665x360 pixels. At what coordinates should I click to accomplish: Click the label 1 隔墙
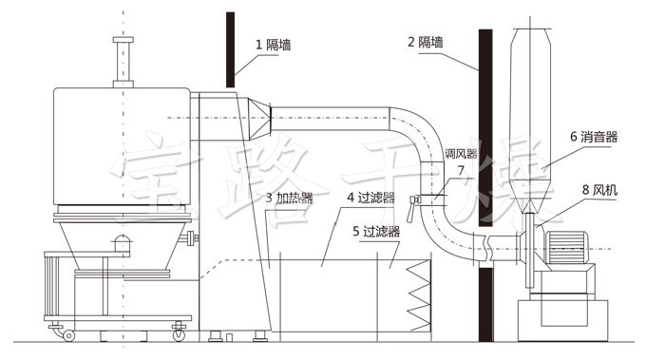point(273,44)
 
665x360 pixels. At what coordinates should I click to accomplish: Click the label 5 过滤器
point(375,230)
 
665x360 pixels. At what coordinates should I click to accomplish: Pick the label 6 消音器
point(595,137)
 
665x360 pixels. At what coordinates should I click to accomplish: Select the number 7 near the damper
point(461,171)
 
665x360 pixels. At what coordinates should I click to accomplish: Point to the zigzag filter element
point(418,294)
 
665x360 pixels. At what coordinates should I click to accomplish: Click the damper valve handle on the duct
point(415,200)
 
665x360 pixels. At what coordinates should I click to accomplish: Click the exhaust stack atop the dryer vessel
point(121,63)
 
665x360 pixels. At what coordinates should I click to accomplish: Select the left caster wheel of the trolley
point(67,333)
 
